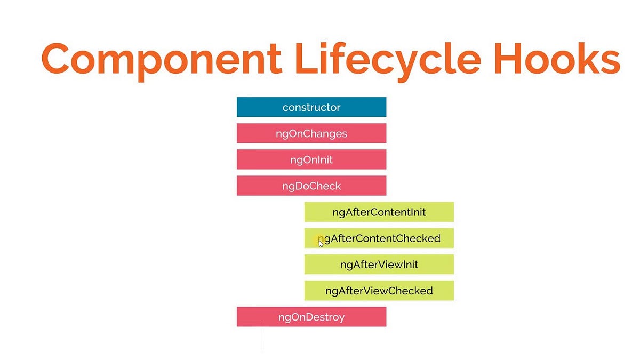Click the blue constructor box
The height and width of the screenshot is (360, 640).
(x=311, y=107)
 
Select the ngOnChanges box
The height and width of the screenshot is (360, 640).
(x=311, y=133)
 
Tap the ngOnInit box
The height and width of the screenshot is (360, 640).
(x=311, y=159)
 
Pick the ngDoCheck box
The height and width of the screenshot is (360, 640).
(x=311, y=186)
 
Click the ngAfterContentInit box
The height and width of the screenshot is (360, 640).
(x=379, y=212)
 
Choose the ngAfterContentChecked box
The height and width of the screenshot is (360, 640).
(x=379, y=238)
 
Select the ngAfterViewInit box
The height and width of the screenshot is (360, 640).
(x=379, y=264)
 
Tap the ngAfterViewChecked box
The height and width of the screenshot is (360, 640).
(x=379, y=291)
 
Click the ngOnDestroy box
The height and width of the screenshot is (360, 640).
(x=311, y=317)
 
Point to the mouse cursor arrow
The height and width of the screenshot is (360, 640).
(x=321, y=243)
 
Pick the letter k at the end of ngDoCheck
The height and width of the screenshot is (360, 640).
(x=338, y=186)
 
